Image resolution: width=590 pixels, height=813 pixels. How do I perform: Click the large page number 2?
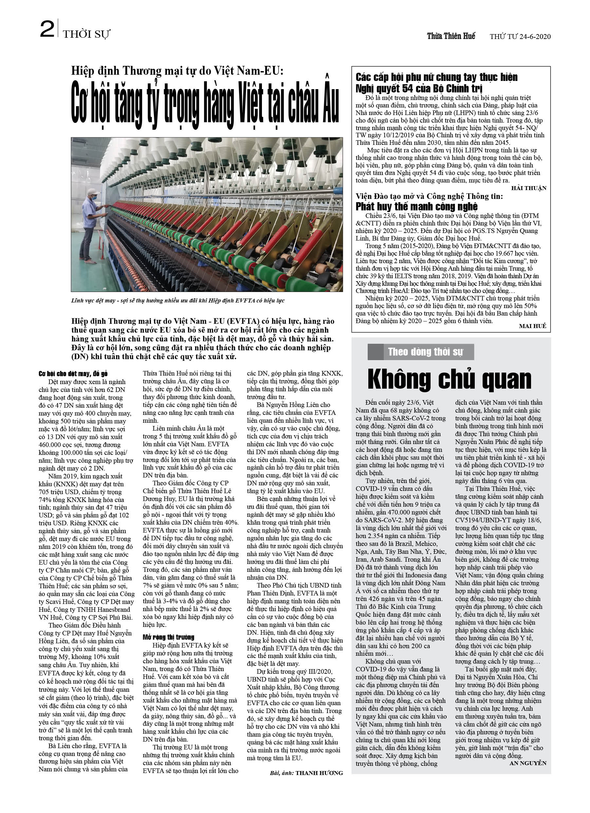click(47, 30)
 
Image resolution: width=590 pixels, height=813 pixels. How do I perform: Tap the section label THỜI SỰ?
click(86, 34)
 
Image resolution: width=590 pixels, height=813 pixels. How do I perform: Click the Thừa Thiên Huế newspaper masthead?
click(451, 36)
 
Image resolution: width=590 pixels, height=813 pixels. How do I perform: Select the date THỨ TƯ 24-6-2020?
click(520, 37)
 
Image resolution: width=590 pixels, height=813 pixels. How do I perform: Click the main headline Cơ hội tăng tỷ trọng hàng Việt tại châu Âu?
click(205, 104)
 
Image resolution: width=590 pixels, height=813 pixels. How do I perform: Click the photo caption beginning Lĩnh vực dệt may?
click(178, 300)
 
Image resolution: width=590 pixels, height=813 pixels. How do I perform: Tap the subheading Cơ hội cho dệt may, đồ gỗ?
click(73, 374)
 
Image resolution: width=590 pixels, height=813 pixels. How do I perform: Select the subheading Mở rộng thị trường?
click(168, 637)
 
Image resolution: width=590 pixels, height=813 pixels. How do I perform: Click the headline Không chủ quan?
click(449, 379)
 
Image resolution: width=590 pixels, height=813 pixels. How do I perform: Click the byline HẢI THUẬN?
click(528, 188)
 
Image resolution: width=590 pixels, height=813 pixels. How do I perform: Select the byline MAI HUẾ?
click(532, 326)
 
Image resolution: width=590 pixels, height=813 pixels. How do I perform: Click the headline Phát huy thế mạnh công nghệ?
click(416, 206)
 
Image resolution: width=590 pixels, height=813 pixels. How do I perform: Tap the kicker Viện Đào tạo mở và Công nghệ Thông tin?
click(429, 196)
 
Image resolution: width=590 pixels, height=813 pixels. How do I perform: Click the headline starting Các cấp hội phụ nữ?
click(436, 83)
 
